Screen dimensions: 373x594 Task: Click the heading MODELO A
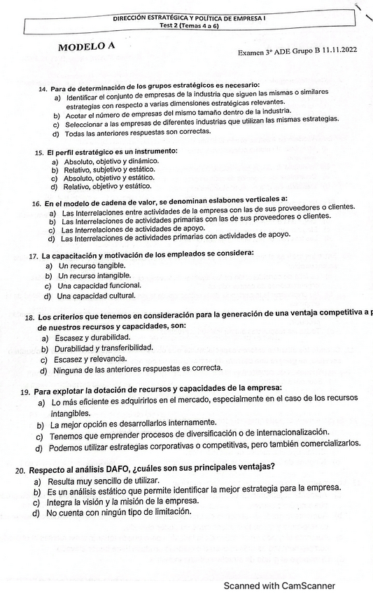(87, 47)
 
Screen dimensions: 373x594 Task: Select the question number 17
(34, 256)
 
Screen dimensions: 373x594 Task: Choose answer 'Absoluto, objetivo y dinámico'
(111, 161)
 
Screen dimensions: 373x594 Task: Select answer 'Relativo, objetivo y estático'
(107, 186)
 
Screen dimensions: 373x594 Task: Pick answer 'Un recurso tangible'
(92, 265)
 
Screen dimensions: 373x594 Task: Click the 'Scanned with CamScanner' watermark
(279, 586)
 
